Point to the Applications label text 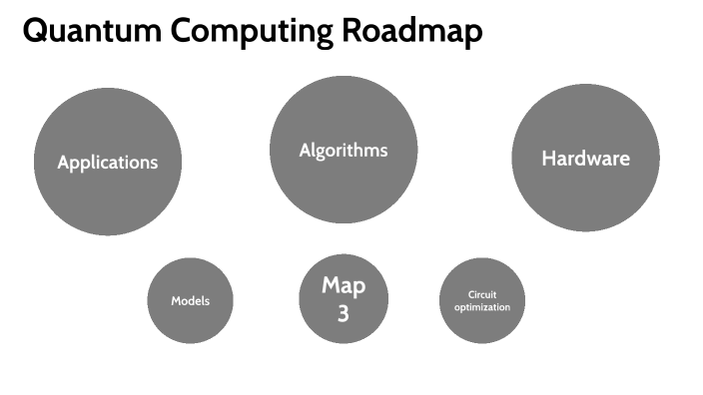(108, 162)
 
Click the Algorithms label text (343, 151)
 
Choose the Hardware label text (585, 158)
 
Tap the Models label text (190, 301)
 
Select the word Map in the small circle (343, 286)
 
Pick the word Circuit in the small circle (482, 295)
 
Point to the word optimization (482, 307)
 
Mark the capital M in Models (176, 301)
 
